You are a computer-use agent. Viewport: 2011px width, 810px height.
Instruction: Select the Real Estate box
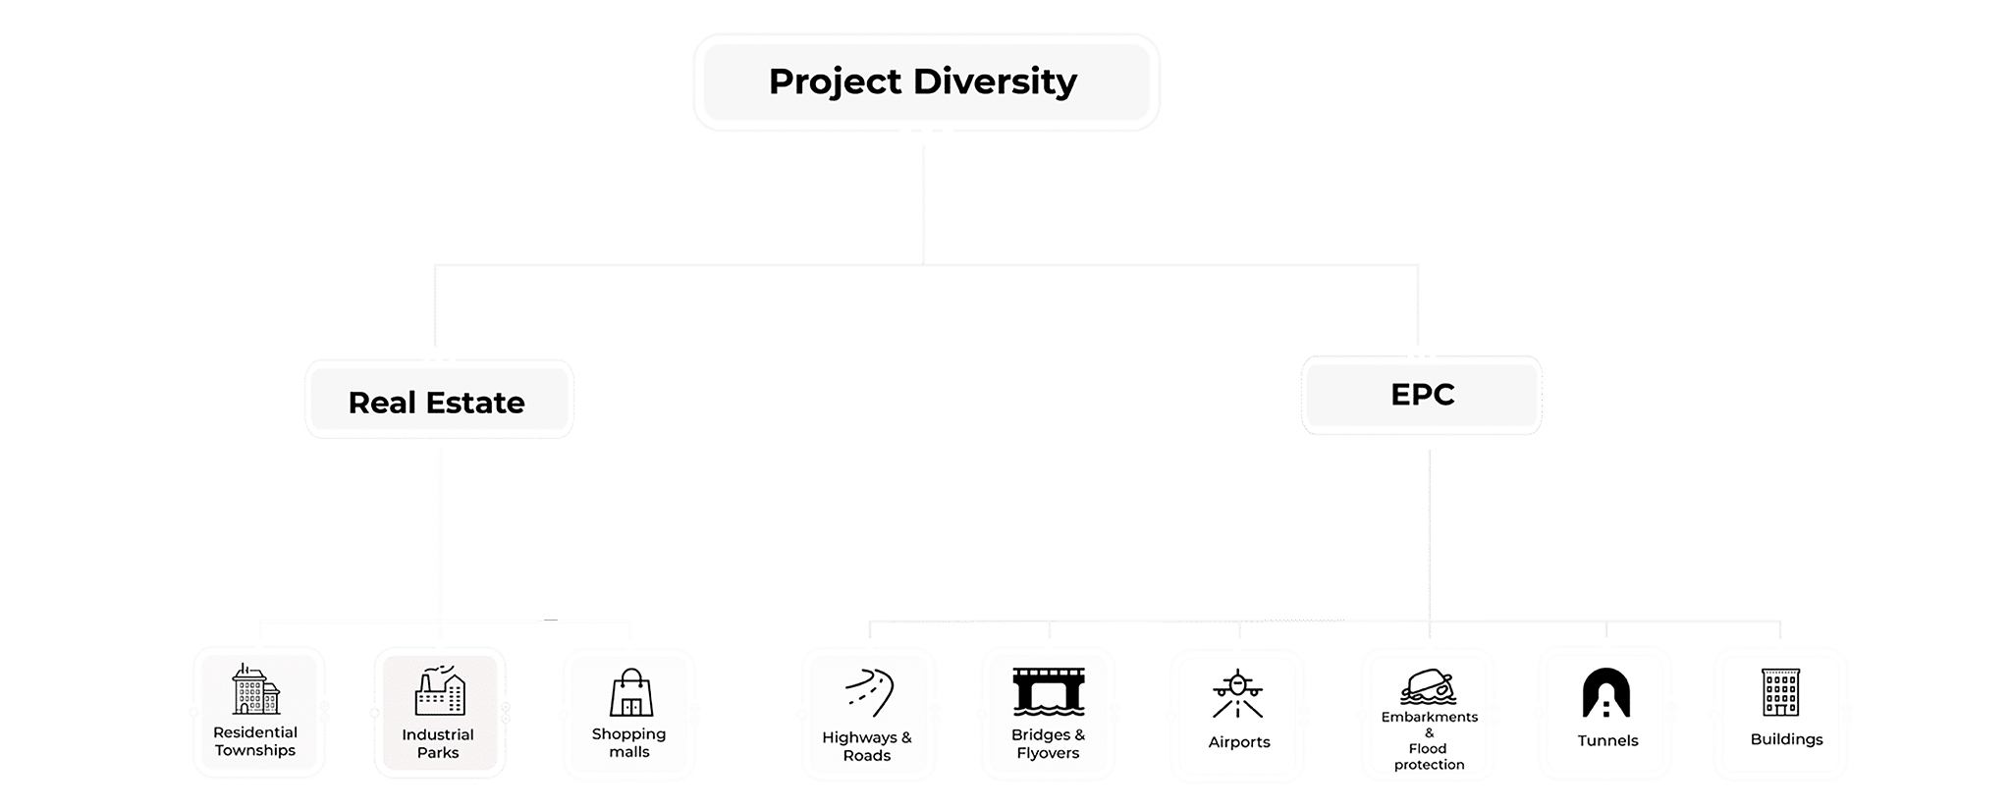438,401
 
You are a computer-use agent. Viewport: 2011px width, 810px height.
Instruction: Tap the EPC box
1421,395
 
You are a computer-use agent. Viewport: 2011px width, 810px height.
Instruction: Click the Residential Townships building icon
256,689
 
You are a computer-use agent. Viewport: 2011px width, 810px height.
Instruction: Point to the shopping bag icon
630,693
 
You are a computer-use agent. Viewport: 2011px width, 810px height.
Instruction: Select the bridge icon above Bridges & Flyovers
1049,690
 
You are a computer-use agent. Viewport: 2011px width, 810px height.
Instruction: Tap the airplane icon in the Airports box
1238,694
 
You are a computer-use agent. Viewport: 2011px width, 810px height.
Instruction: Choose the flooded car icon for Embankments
1428,686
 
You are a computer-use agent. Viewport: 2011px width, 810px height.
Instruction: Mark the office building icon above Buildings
1780,692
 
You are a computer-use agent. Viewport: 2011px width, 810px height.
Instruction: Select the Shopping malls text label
629,743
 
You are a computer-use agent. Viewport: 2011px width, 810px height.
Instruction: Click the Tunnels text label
1607,741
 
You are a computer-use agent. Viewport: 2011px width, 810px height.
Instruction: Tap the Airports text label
1239,742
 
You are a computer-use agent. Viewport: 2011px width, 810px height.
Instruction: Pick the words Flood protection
1429,757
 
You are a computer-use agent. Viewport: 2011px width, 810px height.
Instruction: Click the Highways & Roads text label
867,746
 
